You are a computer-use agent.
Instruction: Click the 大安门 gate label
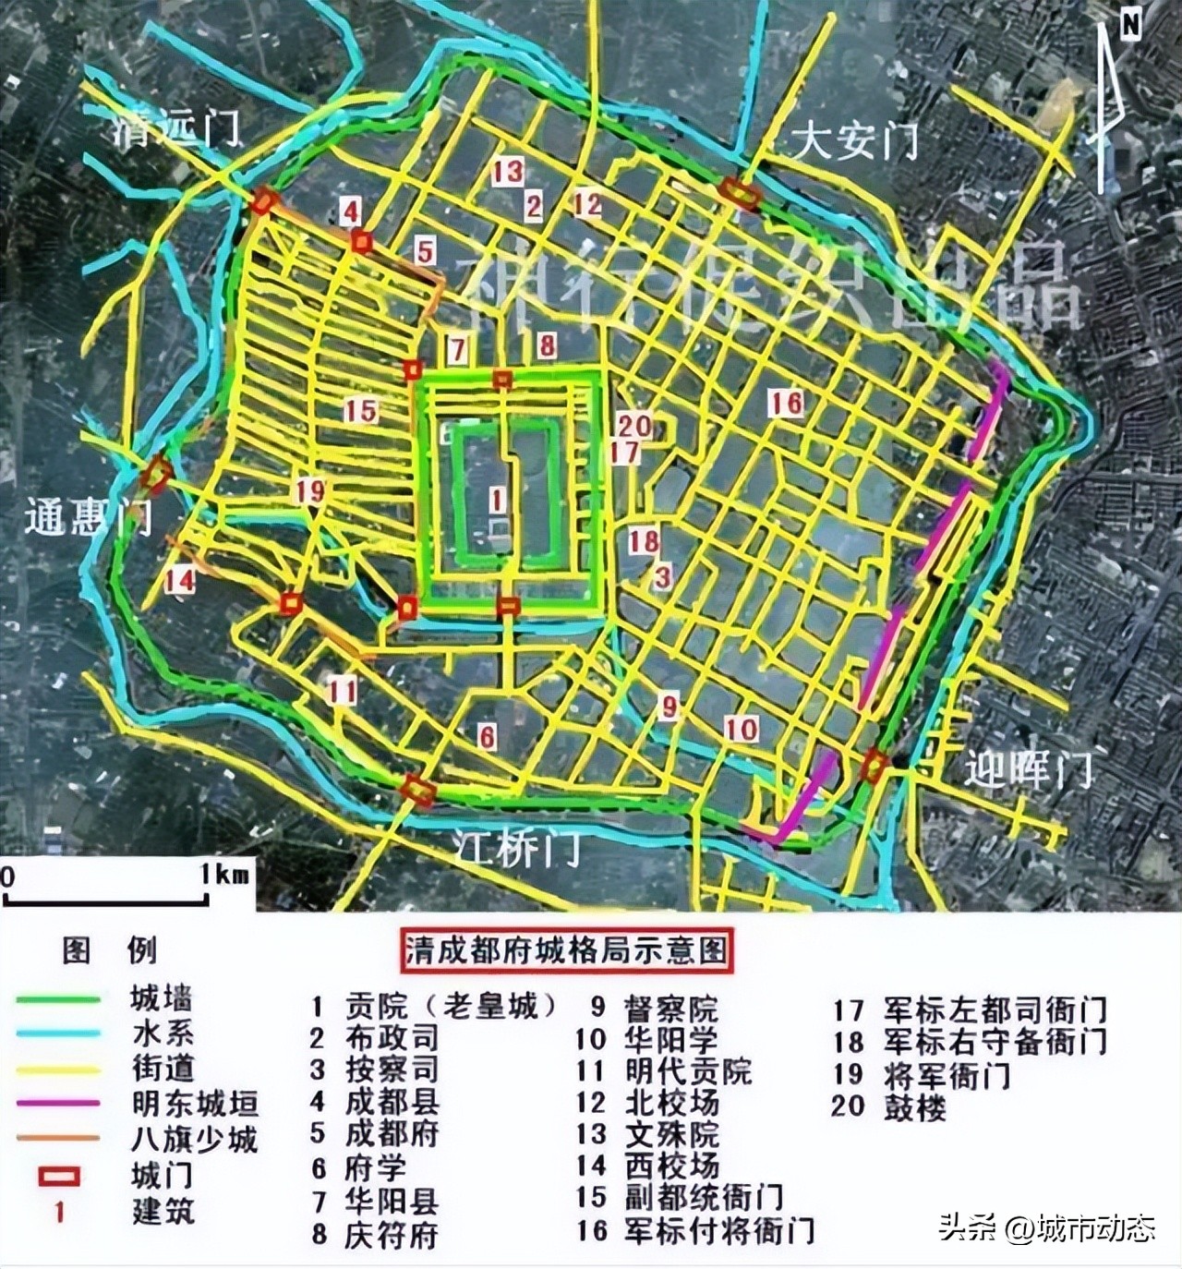855,142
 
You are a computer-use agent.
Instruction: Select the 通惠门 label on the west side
89,518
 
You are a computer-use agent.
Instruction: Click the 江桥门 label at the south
519,847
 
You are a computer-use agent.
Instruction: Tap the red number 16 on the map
787,403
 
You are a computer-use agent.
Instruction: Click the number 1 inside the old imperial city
497,501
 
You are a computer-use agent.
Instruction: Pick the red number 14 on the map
180,580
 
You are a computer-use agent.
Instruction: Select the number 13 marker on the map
507,171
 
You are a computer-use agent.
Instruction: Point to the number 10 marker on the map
741,729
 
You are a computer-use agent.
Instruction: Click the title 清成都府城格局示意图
567,951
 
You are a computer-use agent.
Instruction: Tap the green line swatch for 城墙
56,999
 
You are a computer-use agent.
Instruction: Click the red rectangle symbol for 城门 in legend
57,1177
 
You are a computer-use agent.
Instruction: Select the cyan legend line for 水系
56,1033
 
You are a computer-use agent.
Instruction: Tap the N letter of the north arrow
1129,25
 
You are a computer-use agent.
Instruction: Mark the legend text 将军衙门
947,1074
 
